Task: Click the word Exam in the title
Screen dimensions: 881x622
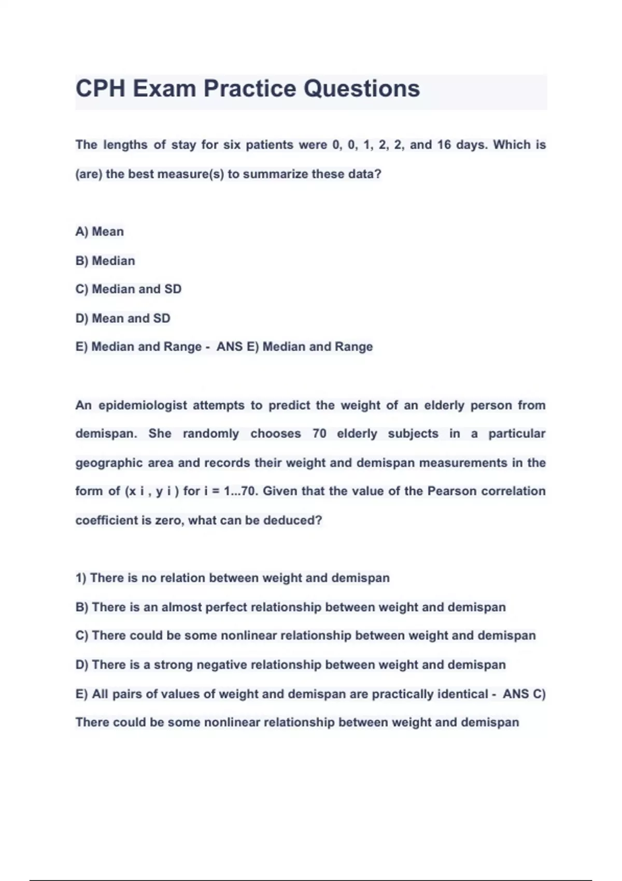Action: pos(164,89)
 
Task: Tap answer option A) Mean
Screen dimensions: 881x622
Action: pos(100,232)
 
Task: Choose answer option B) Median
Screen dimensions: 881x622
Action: pos(105,261)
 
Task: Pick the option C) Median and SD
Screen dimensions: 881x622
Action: pos(129,289)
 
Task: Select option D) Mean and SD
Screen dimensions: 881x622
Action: pos(123,318)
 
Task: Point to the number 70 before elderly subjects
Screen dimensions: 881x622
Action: pos(319,434)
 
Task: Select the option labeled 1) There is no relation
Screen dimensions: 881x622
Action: pos(232,578)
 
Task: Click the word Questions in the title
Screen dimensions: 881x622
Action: pos(362,89)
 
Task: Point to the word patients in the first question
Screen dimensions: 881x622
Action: pos(270,145)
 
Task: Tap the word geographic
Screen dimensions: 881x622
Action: pos(109,463)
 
